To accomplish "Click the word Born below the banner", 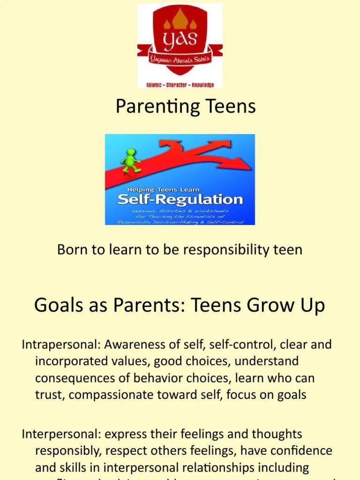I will coord(71,249).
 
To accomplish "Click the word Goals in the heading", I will coord(58,306).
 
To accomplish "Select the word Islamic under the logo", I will coord(156,85).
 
